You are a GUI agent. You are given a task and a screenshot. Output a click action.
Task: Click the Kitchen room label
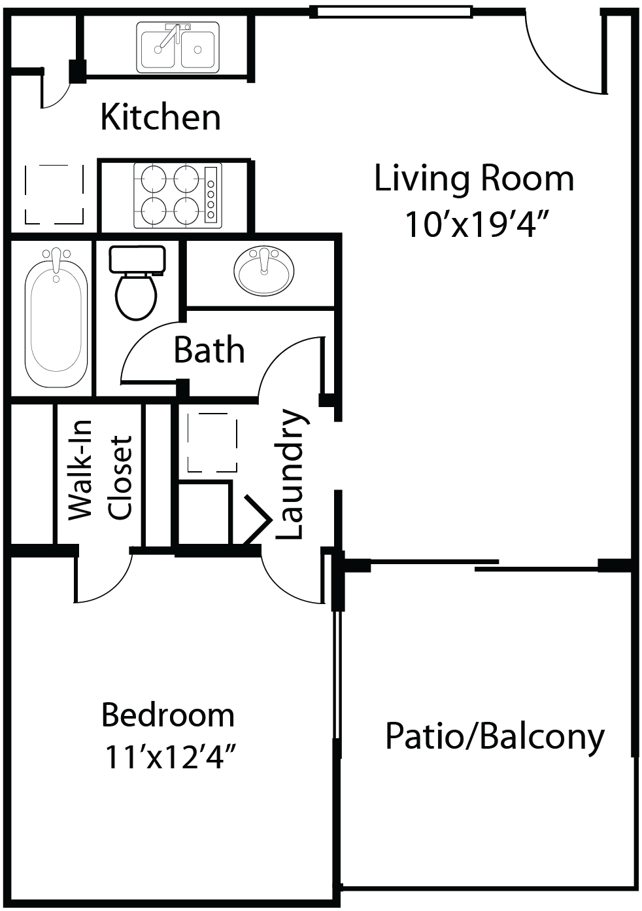click(x=160, y=117)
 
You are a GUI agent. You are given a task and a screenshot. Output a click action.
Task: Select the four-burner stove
click(x=177, y=196)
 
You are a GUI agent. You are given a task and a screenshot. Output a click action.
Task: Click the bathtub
click(x=56, y=318)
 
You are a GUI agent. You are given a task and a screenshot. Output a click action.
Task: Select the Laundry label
click(x=290, y=474)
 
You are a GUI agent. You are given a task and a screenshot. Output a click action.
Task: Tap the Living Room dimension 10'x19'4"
click(x=475, y=224)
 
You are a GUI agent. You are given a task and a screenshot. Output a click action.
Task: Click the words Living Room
click(x=474, y=179)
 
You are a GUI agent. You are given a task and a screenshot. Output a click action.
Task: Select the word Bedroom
click(x=168, y=715)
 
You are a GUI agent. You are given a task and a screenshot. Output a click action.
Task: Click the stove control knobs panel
click(x=211, y=196)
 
